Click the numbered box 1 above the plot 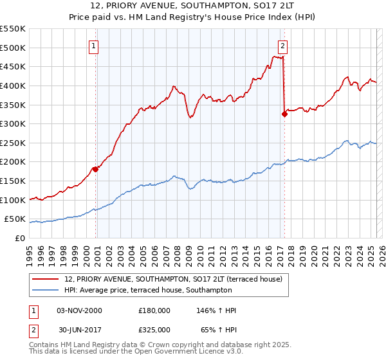click(x=94, y=46)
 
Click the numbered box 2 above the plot click(x=282, y=46)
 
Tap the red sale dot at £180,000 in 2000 click(x=95, y=169)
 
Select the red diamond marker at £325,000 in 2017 click(x=284, y=114)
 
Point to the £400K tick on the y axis click(x=13, y=85)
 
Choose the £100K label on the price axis click(x=13, y=200)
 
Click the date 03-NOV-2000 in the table click(x=80, y=310)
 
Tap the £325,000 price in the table click(x=154, y=329)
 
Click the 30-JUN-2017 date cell click(x=80, y=329)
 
